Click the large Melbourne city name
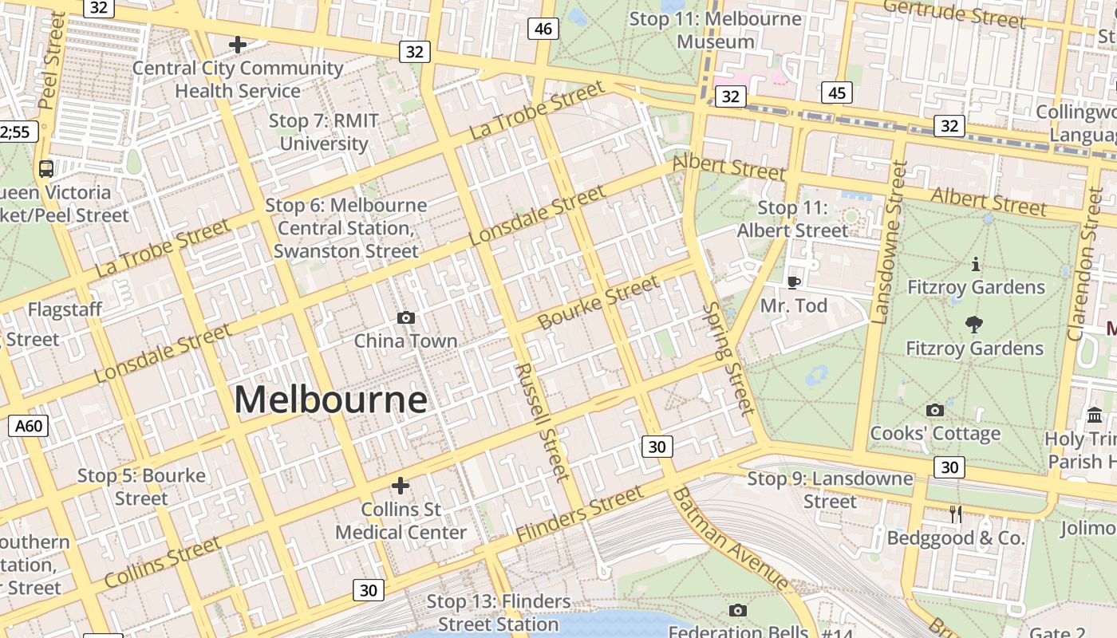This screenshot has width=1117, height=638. click(330, 400)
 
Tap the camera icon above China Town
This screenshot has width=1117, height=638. click(405, 318)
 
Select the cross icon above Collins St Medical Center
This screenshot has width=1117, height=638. click(401, 485)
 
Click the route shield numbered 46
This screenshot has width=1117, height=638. click(543, 30)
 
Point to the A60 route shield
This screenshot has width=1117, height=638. click(29, 426)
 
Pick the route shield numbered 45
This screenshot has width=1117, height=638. click(835, 93)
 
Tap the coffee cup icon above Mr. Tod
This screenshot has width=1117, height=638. click(793, 282)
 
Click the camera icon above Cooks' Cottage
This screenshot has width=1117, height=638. click(934, 410)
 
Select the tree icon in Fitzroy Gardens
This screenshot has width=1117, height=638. click(973, 324)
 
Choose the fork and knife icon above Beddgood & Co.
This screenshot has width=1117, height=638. click(955, 514)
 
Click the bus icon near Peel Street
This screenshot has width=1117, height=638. click(46, 168)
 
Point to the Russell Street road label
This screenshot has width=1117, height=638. click(543, 422)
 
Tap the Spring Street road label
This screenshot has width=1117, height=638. click(729, 359)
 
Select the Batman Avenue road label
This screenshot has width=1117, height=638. click(729, 540)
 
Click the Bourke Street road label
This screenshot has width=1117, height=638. click(598, 302)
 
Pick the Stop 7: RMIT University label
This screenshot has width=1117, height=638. click(323, 132)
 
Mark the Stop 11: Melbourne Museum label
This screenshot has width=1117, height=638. click(715, 30)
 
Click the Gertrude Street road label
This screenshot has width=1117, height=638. click(953, 14)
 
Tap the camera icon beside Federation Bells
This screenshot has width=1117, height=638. click(738, 610)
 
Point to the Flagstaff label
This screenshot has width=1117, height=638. click(65, 309)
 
